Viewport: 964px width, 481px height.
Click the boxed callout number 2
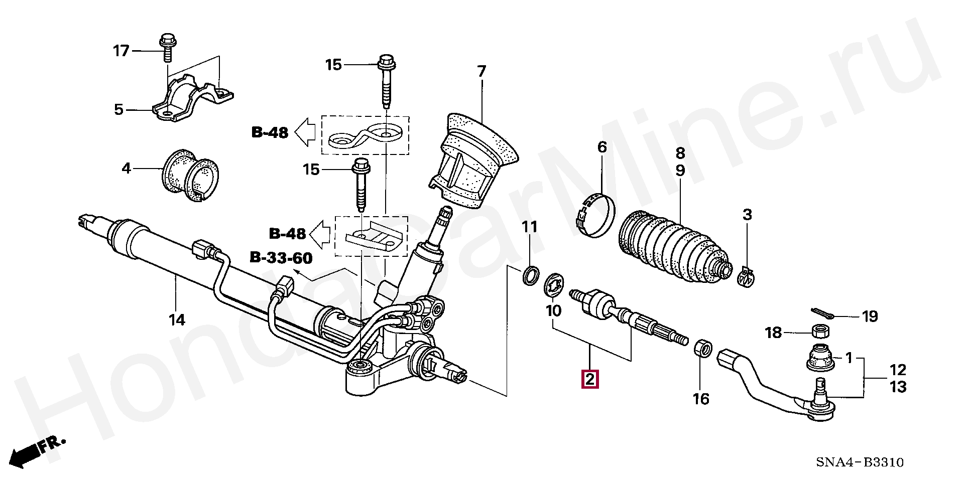589,379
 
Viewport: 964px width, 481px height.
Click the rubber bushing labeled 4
191,175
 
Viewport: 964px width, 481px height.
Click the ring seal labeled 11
530,275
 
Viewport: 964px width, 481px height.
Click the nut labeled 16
702,348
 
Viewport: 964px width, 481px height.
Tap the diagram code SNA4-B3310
860,462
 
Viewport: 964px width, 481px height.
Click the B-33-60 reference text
281,258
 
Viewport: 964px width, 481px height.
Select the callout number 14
177,319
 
